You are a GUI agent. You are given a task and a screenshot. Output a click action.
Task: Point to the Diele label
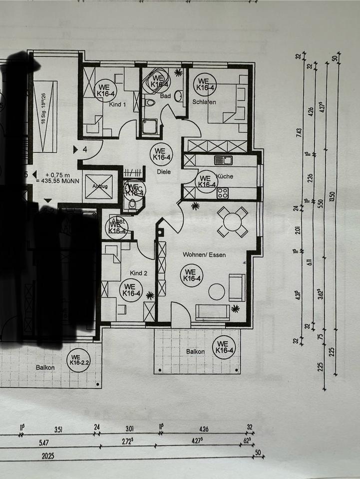tap(163, 172)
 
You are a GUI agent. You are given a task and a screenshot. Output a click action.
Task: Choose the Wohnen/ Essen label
tap(204, 255)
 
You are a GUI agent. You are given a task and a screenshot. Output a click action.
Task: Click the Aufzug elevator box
tap(99, 187)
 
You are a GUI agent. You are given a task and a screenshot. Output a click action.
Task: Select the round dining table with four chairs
tap(232, 222)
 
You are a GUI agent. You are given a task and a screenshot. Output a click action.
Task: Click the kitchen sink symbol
tap(224, 160)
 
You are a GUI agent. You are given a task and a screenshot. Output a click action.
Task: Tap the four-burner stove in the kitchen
tap(223, 193)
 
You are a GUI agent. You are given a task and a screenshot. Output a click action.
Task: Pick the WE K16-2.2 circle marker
tap(78, 359)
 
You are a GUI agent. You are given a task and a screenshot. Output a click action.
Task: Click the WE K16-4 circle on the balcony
tap(223, 347)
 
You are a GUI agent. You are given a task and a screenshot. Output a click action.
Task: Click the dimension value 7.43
tap(299, 133)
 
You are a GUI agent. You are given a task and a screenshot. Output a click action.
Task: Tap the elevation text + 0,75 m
tap(56, 175)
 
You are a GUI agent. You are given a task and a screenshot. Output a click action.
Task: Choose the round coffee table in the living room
tap(217, 291)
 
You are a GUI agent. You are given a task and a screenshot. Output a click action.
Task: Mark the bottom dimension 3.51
tap(59, 428)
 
